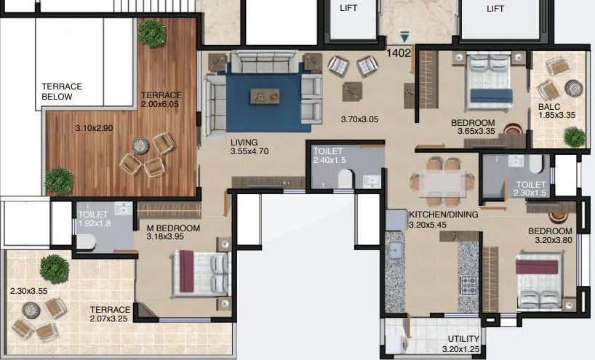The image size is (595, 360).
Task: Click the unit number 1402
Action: (399, 52)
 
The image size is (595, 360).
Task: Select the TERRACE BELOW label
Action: (62, 91)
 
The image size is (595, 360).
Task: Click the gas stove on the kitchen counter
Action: (468, 282)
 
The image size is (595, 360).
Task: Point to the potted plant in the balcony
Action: (574, 136)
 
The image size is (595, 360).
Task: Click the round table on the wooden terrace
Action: (140, 145)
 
